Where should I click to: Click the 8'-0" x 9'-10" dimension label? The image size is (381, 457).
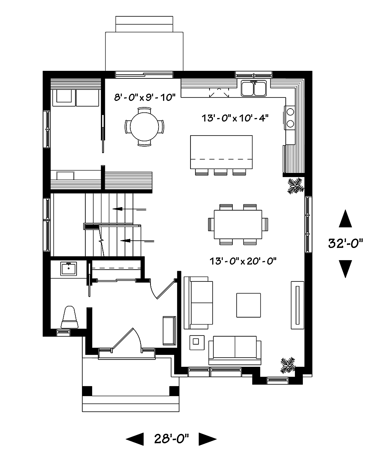coord(144,97)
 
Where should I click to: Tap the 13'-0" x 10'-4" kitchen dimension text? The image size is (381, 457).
coord(235,118)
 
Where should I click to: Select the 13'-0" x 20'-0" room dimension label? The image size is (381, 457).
coord(242,261)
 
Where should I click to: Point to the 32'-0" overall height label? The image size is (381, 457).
coord(346,243)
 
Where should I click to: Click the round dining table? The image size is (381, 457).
coord(145,127)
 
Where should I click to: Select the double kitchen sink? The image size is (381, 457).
coord(254,89)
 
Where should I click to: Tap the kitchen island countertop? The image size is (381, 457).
coord(221,152)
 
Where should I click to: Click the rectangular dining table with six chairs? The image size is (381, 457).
coord(238,225)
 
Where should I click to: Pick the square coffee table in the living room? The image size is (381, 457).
coord(248,305)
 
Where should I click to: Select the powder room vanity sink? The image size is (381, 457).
coord(69,268)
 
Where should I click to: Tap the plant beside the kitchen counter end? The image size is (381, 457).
coord(295,185)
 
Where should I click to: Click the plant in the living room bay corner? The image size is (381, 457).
coord(288,365)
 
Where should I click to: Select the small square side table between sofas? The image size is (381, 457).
coord(197,342)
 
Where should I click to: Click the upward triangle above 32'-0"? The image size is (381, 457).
coord(345,219)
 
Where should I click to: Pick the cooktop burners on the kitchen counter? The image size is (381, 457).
coord(290,117)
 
